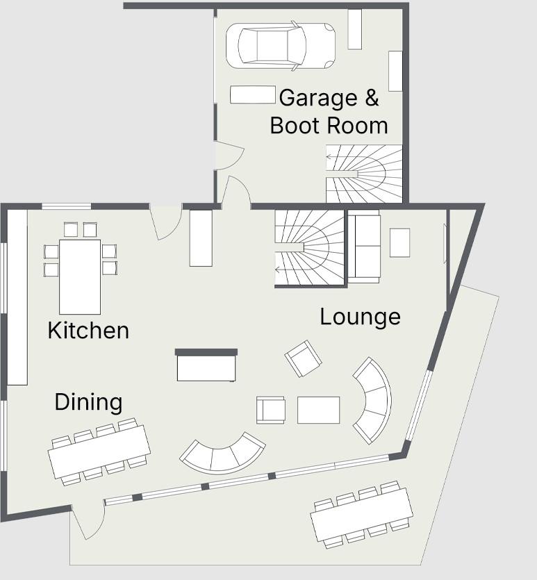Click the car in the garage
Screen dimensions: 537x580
(x=281, y=46)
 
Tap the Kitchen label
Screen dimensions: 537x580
(x=88, y=331)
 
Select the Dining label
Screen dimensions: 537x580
(x=88, y=402)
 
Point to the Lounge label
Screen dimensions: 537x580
(x=361, y=317)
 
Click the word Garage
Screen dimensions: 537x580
(x=318, y=99)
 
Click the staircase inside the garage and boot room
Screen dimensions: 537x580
(x=364, y=174)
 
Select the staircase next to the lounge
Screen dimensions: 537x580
(x=310, y=248)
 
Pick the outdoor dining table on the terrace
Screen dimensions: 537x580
(x=362, y=515)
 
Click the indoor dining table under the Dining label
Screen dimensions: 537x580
(x=99, y=451)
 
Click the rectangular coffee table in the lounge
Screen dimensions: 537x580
(x=318, y=410)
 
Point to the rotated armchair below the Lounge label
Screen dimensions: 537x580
(x=303, y=358)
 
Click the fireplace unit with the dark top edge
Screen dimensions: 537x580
(x=206, y=365)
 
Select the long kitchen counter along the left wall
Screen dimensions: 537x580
(x=17, y=297)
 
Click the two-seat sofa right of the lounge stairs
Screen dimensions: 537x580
(x=364, y=246)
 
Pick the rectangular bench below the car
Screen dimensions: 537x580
(x=253, y=94)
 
